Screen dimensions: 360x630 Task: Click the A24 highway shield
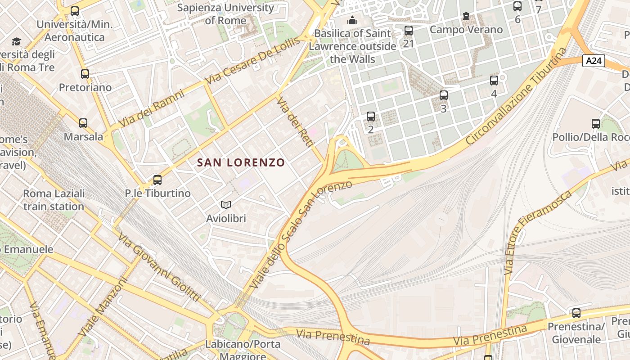(x=594, y=61)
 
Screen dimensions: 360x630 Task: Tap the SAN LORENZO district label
(x=241, y=162)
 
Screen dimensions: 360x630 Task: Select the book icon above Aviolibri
(x=226, y=205)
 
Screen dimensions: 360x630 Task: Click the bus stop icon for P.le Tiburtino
(x=157, y=180)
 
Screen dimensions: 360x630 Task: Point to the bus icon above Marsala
(x=83, y=123)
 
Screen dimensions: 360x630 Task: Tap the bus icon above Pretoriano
(x=85, y=74)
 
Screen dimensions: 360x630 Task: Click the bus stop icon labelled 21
(x=409, y=31)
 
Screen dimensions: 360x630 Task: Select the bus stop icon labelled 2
(x=371, y=117)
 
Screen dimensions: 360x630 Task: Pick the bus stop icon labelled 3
(x=444, y=95)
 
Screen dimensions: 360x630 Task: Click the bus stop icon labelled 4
(x=494, y=81)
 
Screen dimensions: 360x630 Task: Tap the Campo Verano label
(x=466, y=30)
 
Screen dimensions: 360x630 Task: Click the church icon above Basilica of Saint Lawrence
(x=352, y=20)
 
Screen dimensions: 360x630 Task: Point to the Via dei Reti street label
(x=298, y=119)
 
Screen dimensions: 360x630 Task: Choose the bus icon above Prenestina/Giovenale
(x=576, y=313)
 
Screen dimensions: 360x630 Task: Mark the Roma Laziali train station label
(x=54, y=200)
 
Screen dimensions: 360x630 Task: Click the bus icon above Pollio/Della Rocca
(x=596, y=123)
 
